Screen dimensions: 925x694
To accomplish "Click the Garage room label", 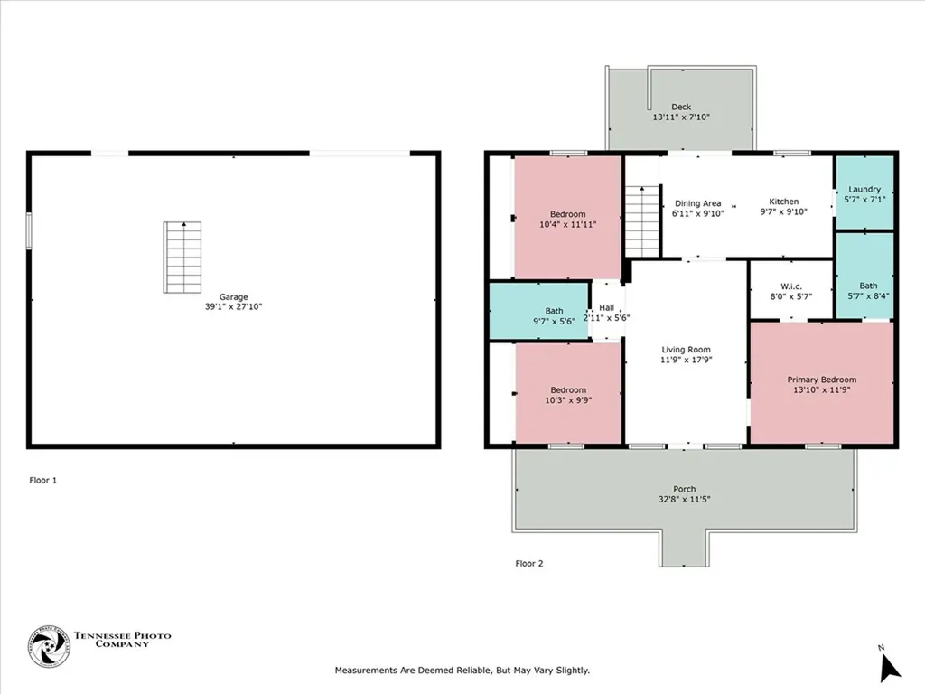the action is [234, 296].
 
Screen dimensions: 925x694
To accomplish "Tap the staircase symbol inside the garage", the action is [182, 258].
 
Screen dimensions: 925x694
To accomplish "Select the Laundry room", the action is [864, 192].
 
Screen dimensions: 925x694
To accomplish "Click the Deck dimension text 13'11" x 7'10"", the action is [681, 117].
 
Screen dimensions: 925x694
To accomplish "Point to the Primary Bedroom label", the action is [822, 380].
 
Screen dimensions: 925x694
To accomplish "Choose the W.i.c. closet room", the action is [790, 290].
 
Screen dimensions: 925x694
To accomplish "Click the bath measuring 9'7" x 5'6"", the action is [539, 311].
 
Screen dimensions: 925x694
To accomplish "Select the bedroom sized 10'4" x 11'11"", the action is [567, 217].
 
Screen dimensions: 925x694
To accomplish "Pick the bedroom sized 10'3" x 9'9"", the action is [568, 392].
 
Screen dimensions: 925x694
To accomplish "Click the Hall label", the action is [606, 307].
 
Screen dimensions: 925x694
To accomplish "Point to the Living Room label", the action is [687, 350].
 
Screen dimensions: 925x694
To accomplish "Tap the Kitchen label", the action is [783, 202].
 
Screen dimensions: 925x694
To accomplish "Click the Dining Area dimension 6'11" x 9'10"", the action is [698, 213].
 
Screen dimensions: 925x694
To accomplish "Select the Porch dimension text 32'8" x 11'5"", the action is [685, 499].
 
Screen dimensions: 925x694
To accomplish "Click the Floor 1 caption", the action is [43, 481].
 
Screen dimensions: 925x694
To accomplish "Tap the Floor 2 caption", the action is [529, 564].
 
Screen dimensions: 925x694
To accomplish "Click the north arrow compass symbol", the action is [889, 664].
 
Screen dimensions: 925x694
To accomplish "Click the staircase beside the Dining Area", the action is [642, 221].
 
